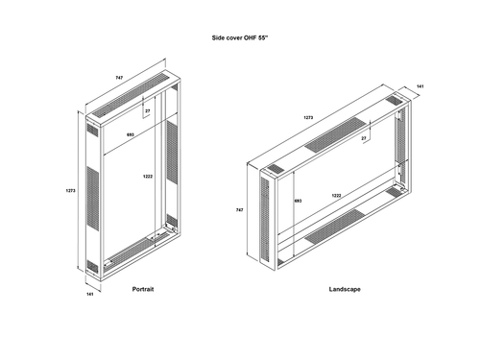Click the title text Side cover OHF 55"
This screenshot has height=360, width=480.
tap(240, 37)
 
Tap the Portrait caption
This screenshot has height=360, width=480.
tap(143, 289)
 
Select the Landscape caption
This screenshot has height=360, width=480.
tap(345, 289)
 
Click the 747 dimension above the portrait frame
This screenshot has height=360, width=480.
tap(119, 78)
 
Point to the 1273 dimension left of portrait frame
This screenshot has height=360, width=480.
tap(70, 191)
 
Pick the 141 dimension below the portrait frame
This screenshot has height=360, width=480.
tap(90, 294)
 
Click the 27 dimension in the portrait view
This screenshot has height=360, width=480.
tap(148, 111)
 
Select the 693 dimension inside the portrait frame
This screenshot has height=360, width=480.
tap(131, 134)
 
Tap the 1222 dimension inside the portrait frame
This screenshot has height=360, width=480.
tap(148, 177)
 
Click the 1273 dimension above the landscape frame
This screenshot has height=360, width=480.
tap(308, 117)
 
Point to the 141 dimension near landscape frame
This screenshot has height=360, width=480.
tap(420, 86)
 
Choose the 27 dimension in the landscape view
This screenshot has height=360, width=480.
tap(364, 138)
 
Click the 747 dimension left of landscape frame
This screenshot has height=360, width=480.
tap(239, 210)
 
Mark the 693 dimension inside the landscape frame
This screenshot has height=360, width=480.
tap(298, 201)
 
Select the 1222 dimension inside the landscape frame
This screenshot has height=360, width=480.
tap(336, 196)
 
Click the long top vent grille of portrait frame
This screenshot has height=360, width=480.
tap(131, 94)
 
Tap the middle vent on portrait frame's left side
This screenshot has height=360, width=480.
tap(93, 198)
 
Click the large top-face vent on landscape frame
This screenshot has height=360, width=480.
tap(335, 134)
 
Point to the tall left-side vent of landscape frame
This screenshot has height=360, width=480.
tap(265, 219)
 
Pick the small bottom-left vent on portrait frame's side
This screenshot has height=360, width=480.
tap(92, 266)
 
